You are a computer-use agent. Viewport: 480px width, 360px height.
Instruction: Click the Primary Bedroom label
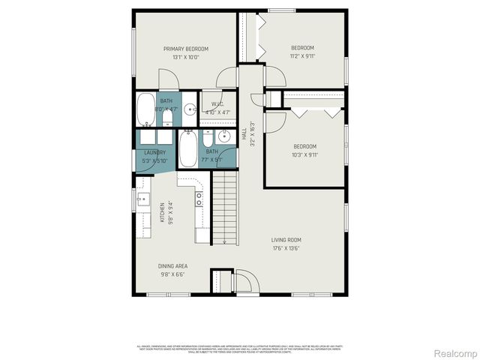[x=186, y=49]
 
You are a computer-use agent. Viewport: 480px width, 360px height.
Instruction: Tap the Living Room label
[x=286, y=240]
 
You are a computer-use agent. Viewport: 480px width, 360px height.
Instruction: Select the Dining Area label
[x=172, y=266]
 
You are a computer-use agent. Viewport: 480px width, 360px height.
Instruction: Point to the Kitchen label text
[x=162, y=212]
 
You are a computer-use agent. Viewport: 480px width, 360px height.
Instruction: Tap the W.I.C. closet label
[x=217, y=104]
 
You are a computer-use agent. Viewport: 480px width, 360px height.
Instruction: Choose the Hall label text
[x=244, y=135]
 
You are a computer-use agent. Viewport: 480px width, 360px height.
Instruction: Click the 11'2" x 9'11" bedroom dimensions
[x=303, y=55]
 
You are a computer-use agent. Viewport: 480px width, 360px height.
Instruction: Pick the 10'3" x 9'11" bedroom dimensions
[x=305, y=154]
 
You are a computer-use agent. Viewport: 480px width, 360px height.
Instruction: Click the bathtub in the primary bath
[x=145, y=110]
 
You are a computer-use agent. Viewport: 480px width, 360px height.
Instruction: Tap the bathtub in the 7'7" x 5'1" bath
[x=187, y=147]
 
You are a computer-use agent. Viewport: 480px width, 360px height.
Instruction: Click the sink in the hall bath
[x=223, y=136]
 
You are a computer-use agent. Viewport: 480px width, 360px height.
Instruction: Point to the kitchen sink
[x=142, y=200]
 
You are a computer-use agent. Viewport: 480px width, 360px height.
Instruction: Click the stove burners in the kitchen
[x=199, y=199]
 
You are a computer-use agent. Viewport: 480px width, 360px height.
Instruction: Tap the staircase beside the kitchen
[x=224, y=208]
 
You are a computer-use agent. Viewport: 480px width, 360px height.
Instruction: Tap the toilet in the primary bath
[x=168, y=118]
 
